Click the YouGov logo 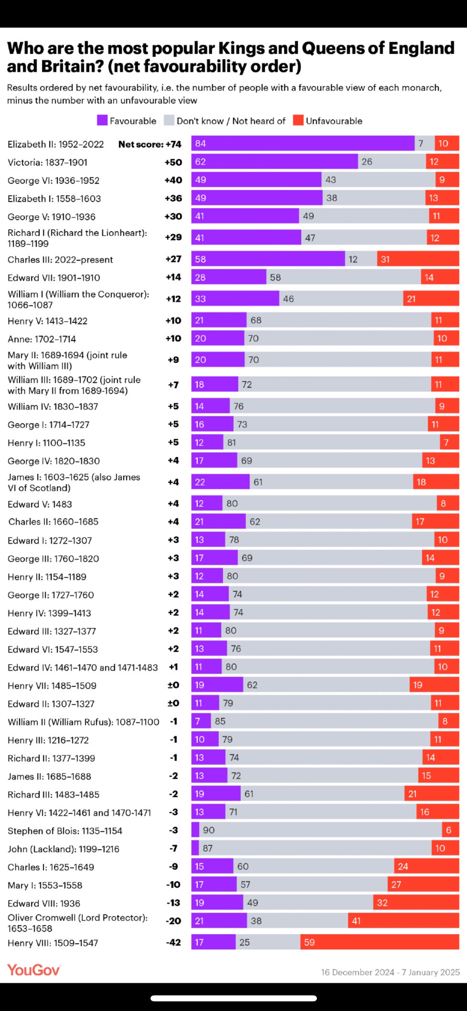(33, 970)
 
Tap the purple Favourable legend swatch (102, 120)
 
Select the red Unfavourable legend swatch (298, 120)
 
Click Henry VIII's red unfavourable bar (380, 942)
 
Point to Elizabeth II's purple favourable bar (303, 144)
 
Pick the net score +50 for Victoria (173, 162)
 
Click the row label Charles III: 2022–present (60, 260)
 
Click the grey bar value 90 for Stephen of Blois (209, 830)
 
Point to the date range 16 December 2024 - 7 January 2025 (390, 972)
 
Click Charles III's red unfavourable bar (418, 259)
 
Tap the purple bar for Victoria (274, 162)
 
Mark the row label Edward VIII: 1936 (44, 903)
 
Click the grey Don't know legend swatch (169, 120)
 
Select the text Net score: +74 (150, 144)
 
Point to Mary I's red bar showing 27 (423, 885)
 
